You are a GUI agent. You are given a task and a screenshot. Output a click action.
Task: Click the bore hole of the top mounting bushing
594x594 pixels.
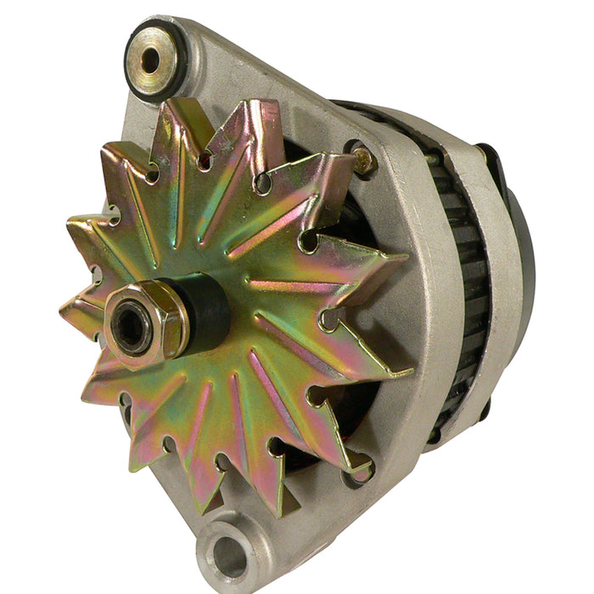tap(150, 59)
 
